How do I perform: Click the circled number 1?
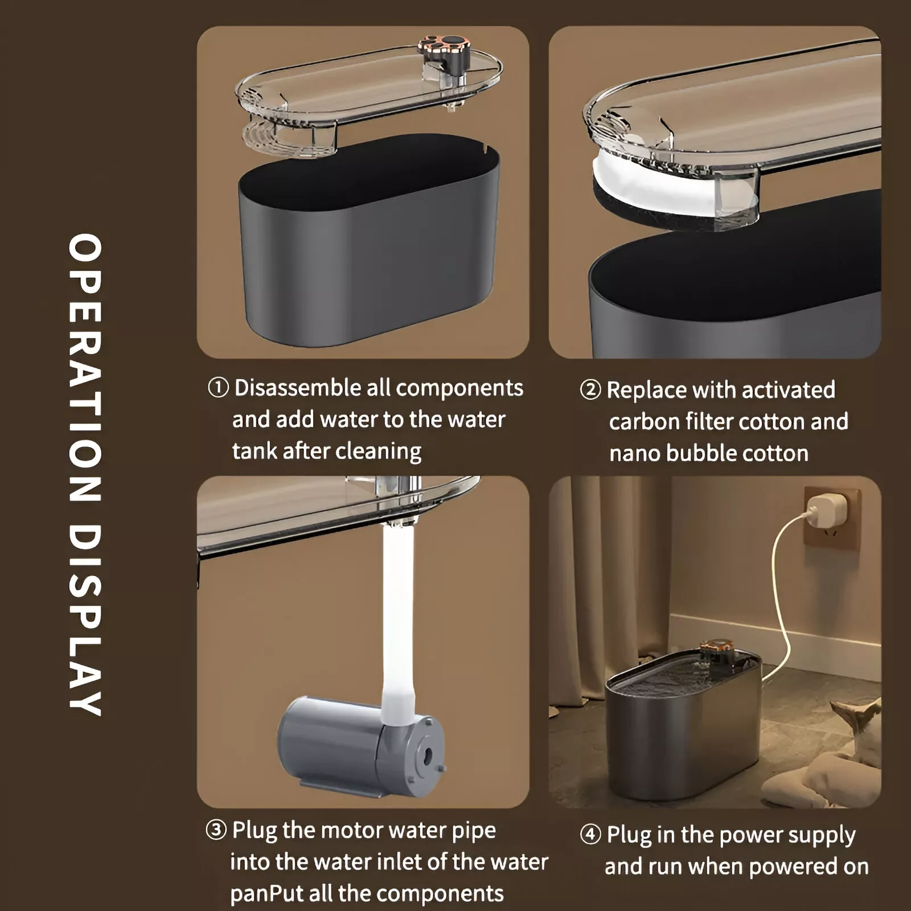pyautogui.click(x=218, y=388)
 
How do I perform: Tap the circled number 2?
pyautogui.click(x=590, y=391)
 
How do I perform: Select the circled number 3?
pyautogui.click(x=216, y=830)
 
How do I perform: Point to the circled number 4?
pyautogui.click(x=590, y=835)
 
